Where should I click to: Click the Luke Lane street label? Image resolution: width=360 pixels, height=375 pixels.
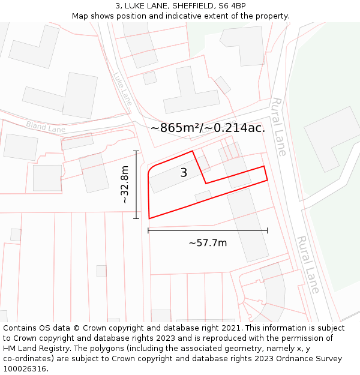tap(122, 88)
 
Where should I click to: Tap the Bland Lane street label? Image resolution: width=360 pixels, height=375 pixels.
tap(46, 127)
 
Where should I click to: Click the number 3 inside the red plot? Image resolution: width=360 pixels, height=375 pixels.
tap(184, 173)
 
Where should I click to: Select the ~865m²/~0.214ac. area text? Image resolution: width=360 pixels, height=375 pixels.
tap(208, 128)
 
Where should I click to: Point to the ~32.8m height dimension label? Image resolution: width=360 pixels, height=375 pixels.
tap(125, 185)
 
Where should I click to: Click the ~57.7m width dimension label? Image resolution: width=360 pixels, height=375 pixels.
tap(208, 243)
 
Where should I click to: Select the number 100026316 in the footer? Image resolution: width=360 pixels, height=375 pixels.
tap(25, 369)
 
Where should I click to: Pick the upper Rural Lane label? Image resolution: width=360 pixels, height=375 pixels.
tap(278, 126)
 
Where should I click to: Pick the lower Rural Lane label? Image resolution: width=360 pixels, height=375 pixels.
tap(308, 264)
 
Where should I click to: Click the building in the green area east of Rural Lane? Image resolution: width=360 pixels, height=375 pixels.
tap(332, 139)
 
